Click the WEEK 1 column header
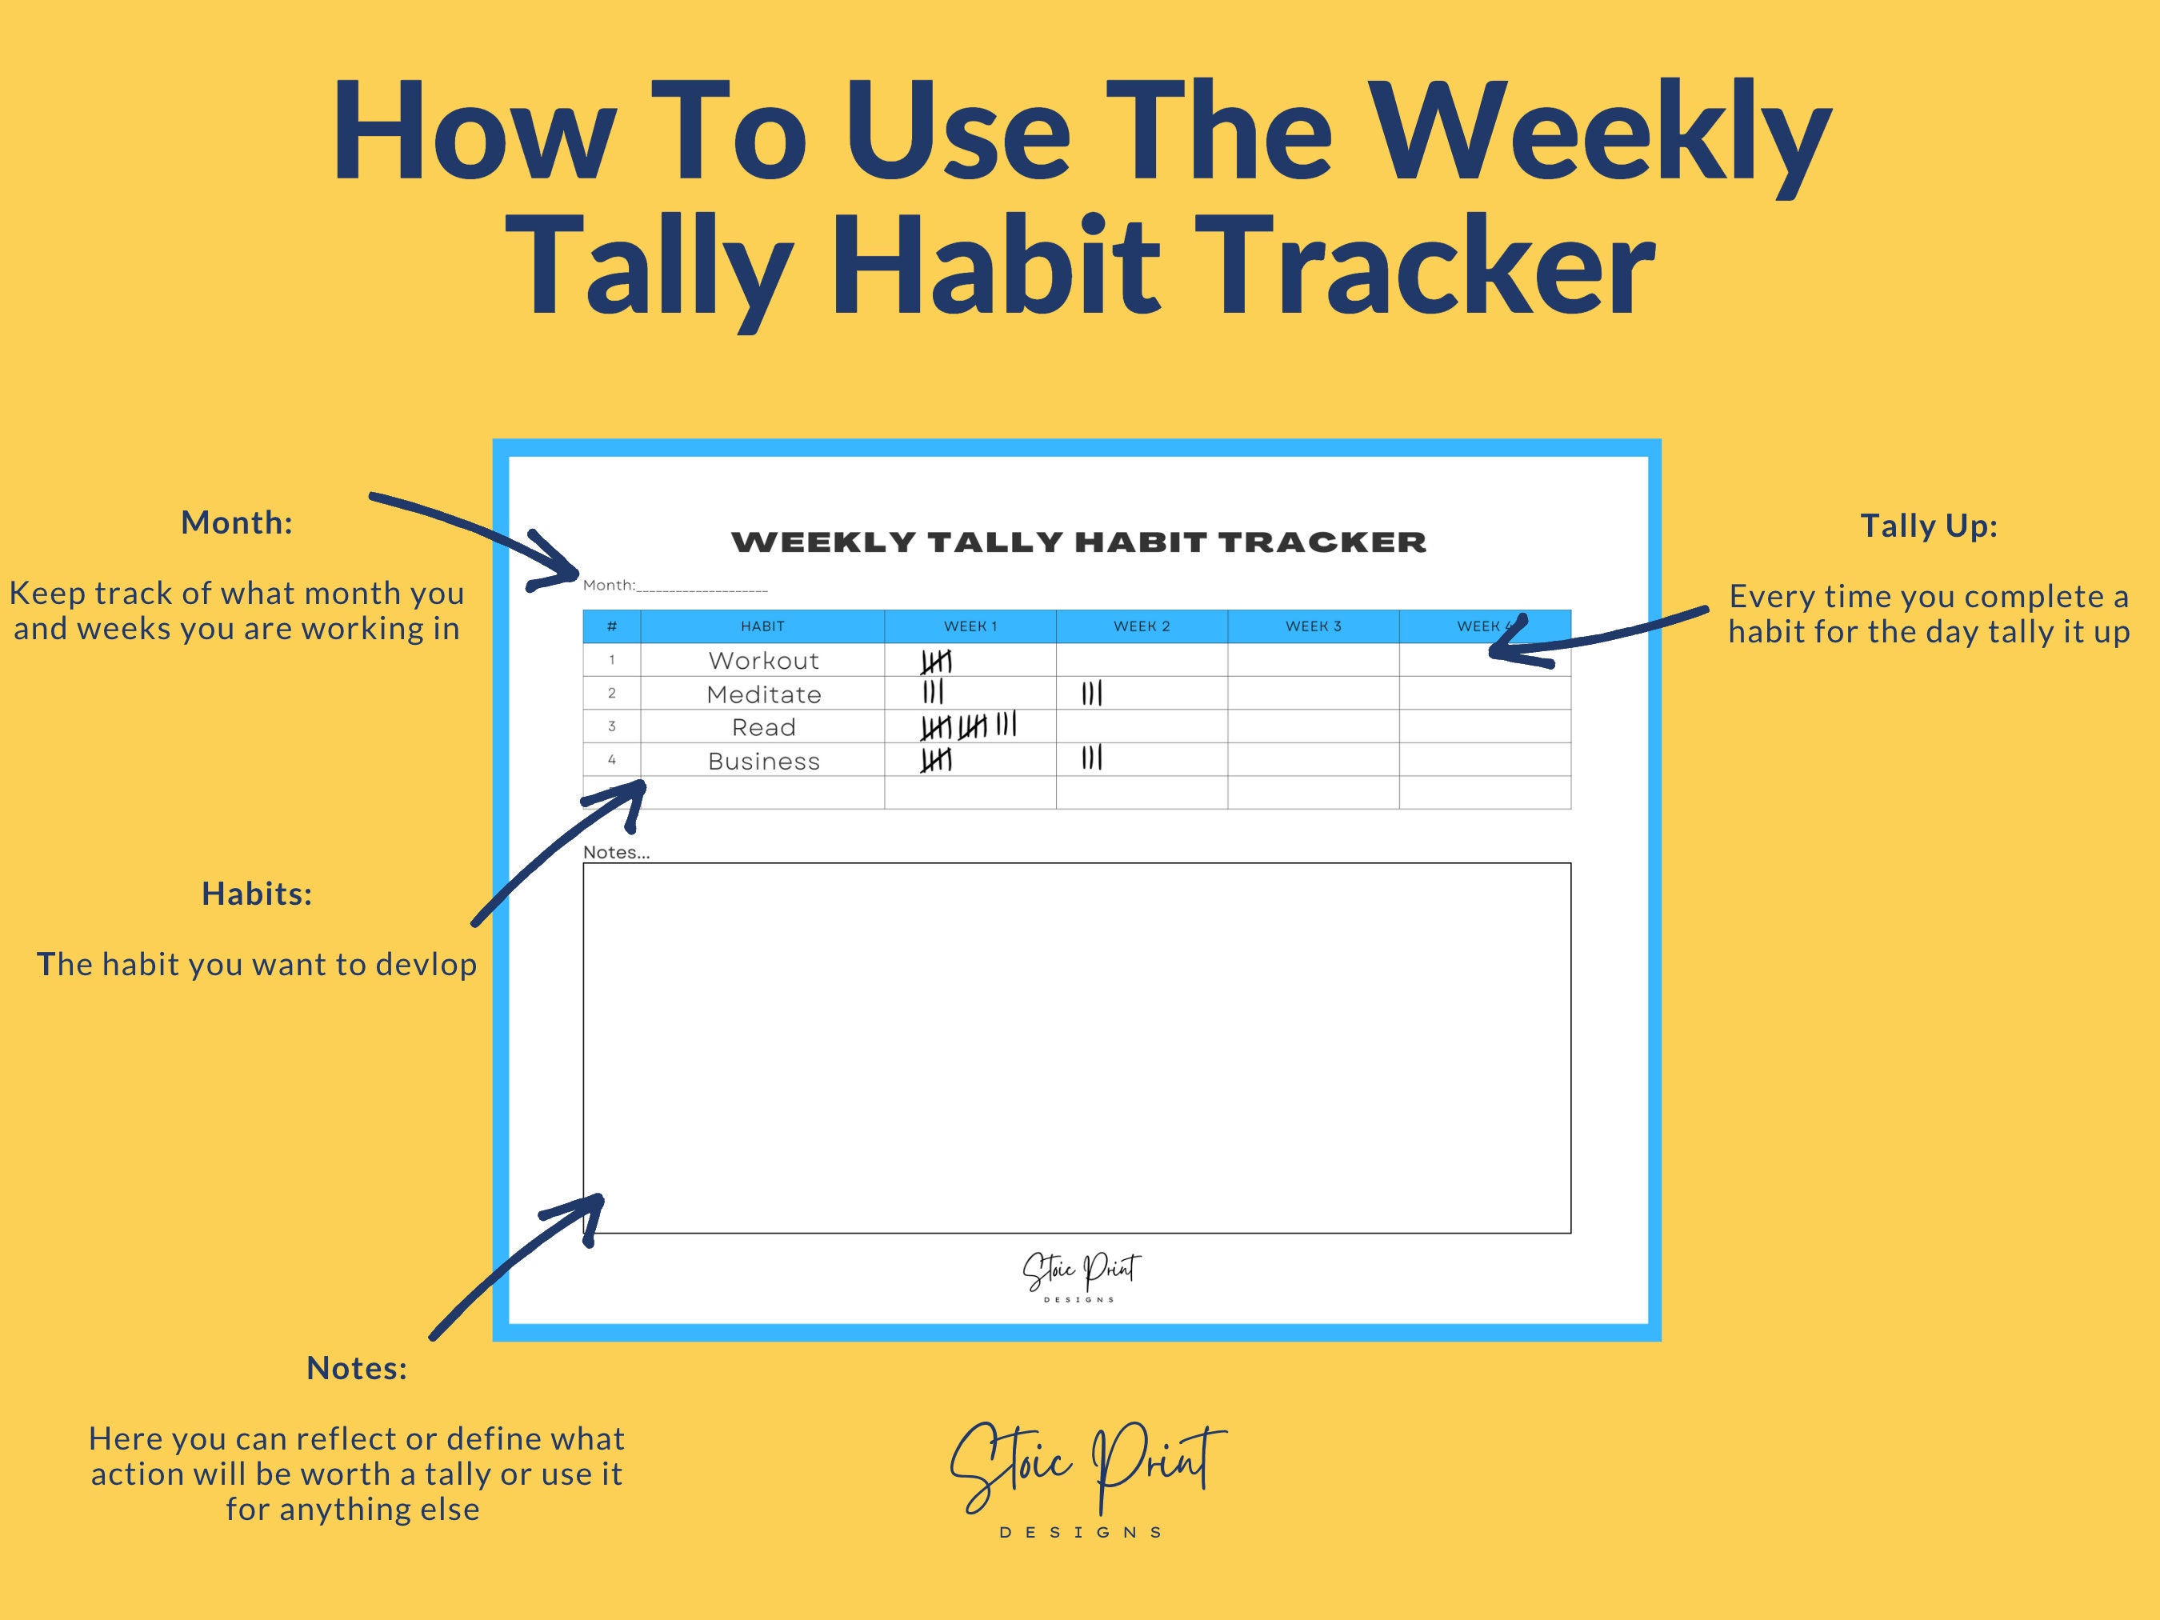970,626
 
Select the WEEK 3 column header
1313,626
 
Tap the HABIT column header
762,626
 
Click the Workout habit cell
762,660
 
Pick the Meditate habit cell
762,694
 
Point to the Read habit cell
762,727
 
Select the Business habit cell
762,761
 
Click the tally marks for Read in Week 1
968,726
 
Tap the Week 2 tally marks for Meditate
1092,694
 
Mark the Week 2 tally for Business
1092,758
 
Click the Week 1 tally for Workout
935,662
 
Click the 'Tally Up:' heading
1927,526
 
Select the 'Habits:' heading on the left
257,894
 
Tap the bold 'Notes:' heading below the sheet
357,1368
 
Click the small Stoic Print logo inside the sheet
1080,1275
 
